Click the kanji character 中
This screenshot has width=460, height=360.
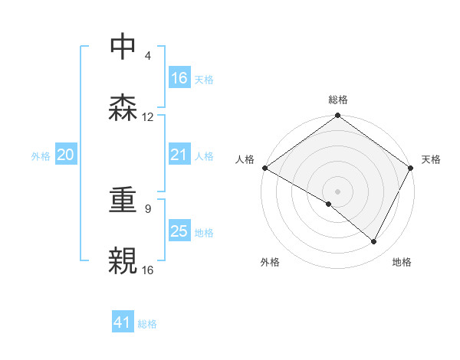(123, 47)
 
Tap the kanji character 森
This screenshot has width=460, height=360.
(123, 107)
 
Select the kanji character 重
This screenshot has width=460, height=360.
(123, 201)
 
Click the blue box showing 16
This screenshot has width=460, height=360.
(179, 78)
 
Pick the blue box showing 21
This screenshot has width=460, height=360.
(179, 155)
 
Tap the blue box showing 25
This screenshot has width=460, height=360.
(179, 231)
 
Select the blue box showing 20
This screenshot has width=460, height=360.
(66, 155)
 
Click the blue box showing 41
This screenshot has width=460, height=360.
(123, 323)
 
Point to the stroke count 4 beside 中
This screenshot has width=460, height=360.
(148, 56)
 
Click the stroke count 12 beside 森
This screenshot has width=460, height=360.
(148, 117)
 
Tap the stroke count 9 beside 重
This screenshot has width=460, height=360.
(148, 208)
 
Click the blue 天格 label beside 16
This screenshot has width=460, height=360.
(203, 79)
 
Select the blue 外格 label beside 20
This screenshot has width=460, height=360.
(41, 156)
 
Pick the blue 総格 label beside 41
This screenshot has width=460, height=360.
(147, 324)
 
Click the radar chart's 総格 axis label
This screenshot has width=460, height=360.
(337, 100)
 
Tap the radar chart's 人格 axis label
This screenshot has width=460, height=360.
(245, 159)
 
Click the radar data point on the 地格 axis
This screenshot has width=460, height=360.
(374, 242)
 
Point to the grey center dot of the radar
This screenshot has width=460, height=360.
(337, 191)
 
